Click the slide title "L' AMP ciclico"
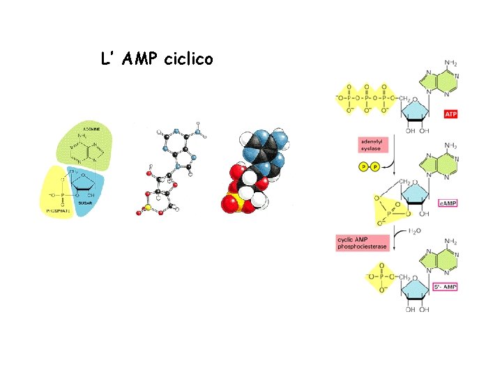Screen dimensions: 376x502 click(157, 60)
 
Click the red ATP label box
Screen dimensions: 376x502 click(450, 114)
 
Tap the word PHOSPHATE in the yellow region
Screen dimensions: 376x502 click(59, 209)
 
